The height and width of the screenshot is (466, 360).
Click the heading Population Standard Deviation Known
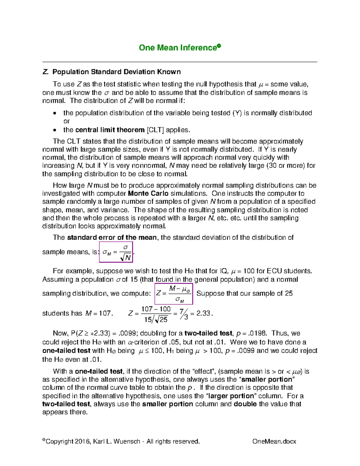point(116,72)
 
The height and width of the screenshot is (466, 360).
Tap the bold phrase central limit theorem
point(110,130)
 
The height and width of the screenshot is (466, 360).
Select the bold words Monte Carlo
point(148,194)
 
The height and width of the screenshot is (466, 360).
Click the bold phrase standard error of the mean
point(112,237)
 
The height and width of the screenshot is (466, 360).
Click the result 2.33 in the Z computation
point(203,313)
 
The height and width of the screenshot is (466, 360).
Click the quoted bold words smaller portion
point(267,379)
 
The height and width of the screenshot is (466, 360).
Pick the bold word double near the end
point(245,404)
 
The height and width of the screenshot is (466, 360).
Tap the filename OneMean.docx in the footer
point(274,441)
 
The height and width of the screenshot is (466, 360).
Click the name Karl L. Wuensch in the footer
point(116,441)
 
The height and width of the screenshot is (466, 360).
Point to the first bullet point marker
point(54,113)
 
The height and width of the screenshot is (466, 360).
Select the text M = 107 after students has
point(99,314)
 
